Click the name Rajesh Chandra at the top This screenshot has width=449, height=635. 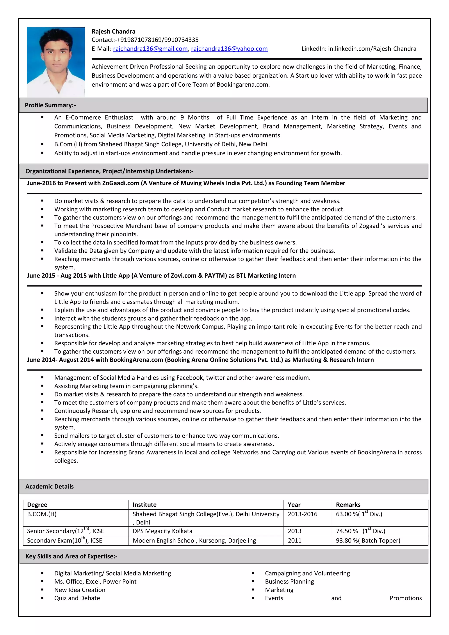[x=113, y=32]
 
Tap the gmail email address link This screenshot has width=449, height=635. [x=150, y=49]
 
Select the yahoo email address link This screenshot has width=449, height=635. [x=229, y=49]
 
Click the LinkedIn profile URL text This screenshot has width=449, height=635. [x=372, y=49]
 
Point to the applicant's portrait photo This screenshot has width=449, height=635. [x=56, y=62]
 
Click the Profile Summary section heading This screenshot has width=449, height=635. [x=50, y=105]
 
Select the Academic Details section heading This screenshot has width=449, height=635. [x=50, y=487]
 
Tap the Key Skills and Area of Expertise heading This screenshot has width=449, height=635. [x=71, y=556]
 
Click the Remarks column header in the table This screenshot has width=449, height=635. [x=348, y=505]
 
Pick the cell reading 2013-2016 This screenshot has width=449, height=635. [x=303, y=514]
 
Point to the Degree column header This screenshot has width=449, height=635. [x=37, y=505]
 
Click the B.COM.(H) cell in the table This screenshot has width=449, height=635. [x=42, y=514]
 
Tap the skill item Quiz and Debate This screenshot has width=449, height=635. [x=77, y=598]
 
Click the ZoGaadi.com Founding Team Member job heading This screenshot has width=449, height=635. [x=186, y=183]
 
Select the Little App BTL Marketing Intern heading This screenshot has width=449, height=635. [x=161, y=275]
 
